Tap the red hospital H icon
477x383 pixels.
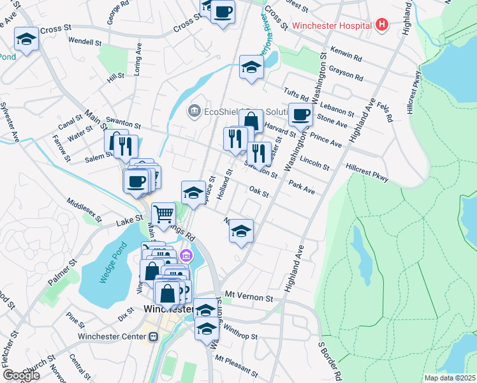tap(382, 26)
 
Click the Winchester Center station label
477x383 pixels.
tap(112, 336)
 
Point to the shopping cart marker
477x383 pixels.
tap(164, 214)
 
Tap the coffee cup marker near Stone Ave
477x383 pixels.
tap(300, 115)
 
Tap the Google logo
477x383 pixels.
tap(20, 375)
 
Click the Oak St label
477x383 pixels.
tap(258, 191)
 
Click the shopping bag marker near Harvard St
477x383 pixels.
tap(251, 120)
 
